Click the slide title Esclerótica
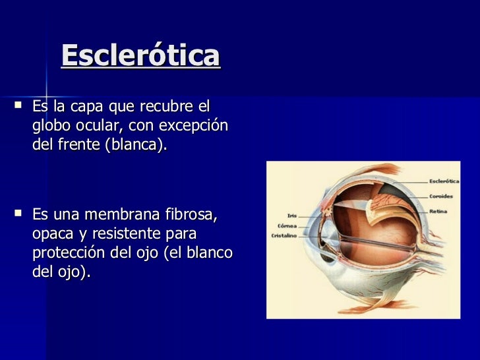pos(140,57)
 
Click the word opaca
pos(53,234)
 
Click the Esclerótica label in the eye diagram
pos(444,181)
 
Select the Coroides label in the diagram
pos(440,196)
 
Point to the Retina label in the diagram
pos(438,211)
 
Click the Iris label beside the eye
pos(291,215)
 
